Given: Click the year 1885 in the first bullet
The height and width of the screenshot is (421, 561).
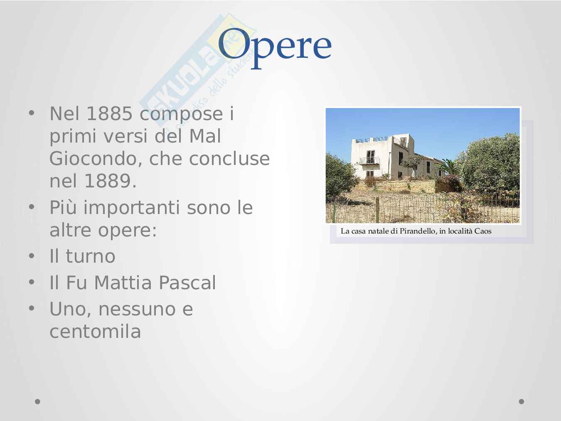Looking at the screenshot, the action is click(x=109, y=113).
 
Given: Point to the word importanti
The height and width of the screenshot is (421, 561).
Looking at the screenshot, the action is click(x=132, y=208).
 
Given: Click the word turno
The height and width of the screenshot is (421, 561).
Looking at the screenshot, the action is click(x=91, y=256).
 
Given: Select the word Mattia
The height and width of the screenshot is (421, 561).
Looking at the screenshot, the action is click(x=123, y=283).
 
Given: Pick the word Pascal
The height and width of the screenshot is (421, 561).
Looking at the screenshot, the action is click(x=187, y=283).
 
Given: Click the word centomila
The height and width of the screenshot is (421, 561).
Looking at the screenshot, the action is click(x=95, y=332).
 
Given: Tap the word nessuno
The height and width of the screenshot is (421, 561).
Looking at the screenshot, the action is click(x=137, y=309).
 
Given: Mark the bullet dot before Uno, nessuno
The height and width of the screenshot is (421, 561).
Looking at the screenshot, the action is click(x=32, y=308).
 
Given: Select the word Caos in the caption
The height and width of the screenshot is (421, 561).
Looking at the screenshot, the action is click(x=483, y=231).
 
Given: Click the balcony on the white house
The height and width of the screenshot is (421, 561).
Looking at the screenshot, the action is click(x=369, y=161).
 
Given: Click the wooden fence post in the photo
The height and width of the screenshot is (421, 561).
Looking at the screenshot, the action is click(x=377, y=209).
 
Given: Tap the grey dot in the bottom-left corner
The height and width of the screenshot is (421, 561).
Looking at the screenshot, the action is click(x=37, y=401).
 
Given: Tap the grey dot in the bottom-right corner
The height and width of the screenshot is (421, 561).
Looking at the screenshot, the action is click(x=522, y=401).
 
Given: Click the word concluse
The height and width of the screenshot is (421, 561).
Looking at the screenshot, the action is click(x=229, y=159).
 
